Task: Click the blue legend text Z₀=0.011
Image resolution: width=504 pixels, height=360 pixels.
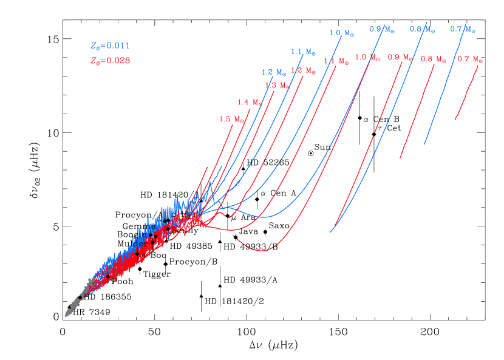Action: pos(110,46)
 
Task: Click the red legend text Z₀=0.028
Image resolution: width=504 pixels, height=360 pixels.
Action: pos(110,61)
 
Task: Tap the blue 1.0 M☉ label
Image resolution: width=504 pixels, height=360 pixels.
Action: pos(342,33)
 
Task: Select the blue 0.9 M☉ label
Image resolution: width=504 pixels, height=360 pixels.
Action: pos(382,29)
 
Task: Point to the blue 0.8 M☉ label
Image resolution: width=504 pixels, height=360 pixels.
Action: pos(423,29)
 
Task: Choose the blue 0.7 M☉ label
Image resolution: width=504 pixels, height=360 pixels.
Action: pos(463,29)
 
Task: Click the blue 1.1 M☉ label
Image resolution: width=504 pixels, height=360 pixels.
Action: pos(303,52)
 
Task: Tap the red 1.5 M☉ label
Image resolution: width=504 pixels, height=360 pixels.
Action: pos(232,119)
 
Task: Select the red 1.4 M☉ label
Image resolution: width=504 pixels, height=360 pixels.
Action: pos(250,102)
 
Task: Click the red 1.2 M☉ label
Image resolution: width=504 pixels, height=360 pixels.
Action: pos(303,70)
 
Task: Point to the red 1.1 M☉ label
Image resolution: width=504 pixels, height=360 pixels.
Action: pos(336,61)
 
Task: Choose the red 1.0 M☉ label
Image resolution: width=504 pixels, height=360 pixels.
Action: pos(367,57)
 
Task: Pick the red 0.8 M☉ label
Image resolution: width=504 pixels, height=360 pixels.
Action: pos(434,59)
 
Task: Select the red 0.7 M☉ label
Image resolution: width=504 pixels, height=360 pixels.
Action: pos(470,59)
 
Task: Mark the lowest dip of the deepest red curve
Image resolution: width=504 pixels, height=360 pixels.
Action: pos(262,250)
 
